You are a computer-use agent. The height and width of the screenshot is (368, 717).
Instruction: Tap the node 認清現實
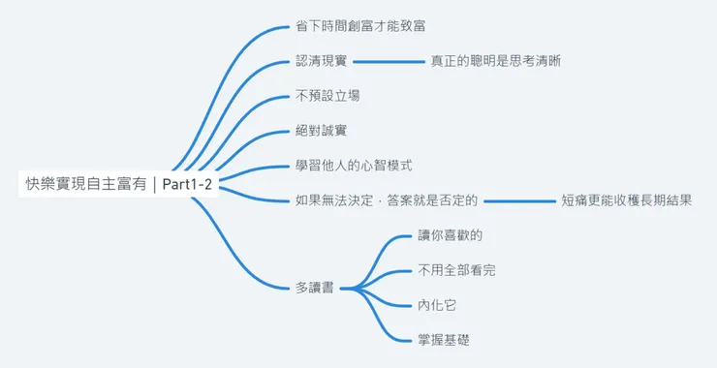coord(321,60)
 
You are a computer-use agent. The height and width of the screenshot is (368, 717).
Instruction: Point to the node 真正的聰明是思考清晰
coord(495,60)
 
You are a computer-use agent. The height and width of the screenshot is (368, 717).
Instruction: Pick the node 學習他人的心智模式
coord(359,166)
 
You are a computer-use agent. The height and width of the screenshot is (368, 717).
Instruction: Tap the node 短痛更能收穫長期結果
coord(626,201)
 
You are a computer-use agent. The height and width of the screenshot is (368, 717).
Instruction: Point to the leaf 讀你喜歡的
coord(450,235)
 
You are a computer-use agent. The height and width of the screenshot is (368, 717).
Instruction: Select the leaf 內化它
coord(437,305)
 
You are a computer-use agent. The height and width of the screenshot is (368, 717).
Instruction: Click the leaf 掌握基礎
coord(444,340)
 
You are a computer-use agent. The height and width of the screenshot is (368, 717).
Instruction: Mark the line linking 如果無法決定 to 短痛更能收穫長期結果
coord(519,201)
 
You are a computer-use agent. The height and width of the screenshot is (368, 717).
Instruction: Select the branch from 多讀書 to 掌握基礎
coord(388,320)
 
